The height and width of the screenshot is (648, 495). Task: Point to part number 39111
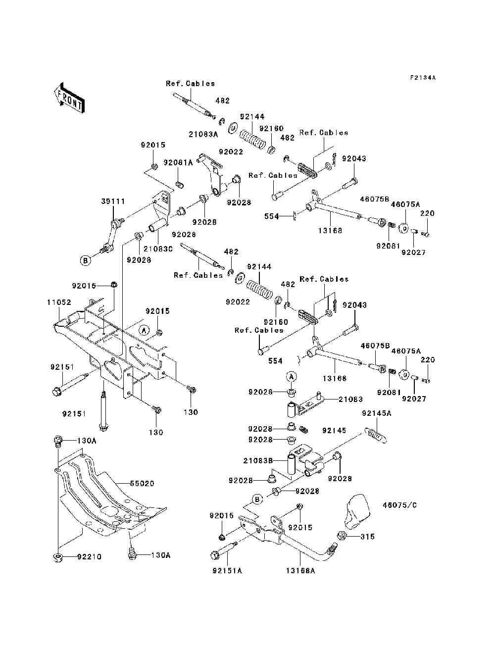click(x=113, y=201)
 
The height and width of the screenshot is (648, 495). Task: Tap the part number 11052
click(x=59, y=302)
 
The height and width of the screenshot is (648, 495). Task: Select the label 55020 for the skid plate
click(x=142, y=483)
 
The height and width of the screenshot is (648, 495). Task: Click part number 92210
click(x=89, y=557)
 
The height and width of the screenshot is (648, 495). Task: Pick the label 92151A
click(x=227, y=570)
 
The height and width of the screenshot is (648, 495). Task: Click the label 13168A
click(x=300, y=570)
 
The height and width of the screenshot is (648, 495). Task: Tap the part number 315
click(x=367, y=537)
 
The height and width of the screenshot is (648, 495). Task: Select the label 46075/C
click(x=399, y=505)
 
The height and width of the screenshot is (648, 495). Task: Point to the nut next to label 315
click(x=341, y=536)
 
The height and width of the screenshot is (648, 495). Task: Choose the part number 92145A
click(x=376, y=413)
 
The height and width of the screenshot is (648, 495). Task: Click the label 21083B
click(x=258, y=461)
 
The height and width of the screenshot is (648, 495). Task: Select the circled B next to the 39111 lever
click(x=86, y=260)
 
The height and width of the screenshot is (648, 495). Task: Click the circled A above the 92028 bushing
click(x=292, y=377)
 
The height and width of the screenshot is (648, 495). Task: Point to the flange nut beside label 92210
click(x=57, y=558)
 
